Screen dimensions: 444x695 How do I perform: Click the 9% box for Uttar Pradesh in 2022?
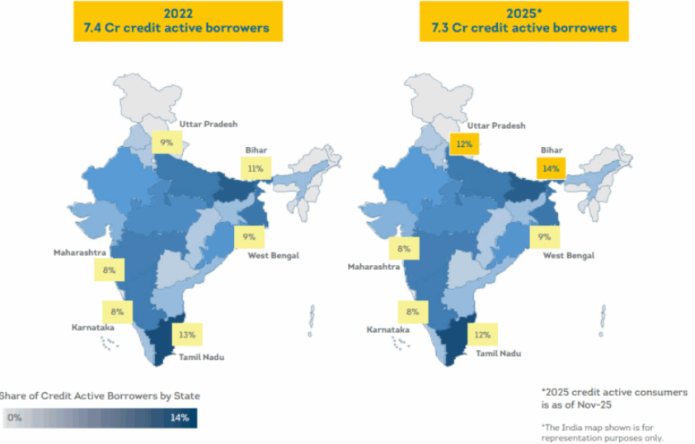click(167, 143)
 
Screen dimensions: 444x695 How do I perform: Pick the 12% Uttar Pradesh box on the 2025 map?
click(464, 144)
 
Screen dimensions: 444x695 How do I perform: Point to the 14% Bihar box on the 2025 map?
click(551, 169)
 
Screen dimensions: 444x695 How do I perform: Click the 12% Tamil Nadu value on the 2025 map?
click(481, 334)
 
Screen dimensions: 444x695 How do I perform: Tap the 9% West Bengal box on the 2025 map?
click(544, 238)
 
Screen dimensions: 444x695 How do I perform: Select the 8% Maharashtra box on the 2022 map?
click(109, 270)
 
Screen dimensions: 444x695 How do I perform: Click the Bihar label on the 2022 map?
click(256, 150)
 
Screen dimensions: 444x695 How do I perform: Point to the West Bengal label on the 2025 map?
click(569, 256)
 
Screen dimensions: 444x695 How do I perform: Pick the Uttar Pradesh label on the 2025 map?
click(496, 125)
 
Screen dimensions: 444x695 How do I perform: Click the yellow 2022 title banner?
click(178, 21)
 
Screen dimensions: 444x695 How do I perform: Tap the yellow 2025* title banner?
click(524, 21)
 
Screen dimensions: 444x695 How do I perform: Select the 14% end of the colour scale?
click(180, 418)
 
